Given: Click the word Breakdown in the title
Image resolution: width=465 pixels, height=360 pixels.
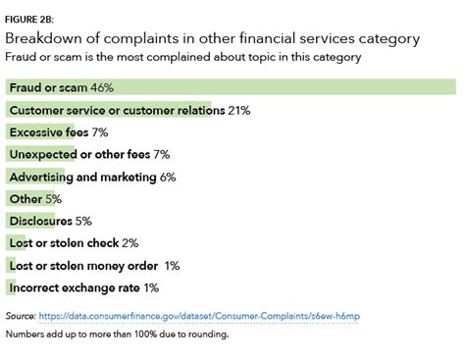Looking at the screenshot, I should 44,38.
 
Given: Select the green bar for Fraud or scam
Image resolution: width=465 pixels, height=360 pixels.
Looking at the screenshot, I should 294,88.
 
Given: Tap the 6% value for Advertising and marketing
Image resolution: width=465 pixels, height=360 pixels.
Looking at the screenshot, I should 168,178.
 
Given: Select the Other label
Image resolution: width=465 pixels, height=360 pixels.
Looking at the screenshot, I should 25,199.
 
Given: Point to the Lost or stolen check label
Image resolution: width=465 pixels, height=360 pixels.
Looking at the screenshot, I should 64,243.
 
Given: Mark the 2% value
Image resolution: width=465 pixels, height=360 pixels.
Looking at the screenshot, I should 130,243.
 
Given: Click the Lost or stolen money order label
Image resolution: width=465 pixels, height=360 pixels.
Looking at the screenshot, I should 82,266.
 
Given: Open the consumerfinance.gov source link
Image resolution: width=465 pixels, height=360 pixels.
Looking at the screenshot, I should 196,317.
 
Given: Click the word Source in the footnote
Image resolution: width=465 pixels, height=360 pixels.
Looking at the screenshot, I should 20,317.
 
